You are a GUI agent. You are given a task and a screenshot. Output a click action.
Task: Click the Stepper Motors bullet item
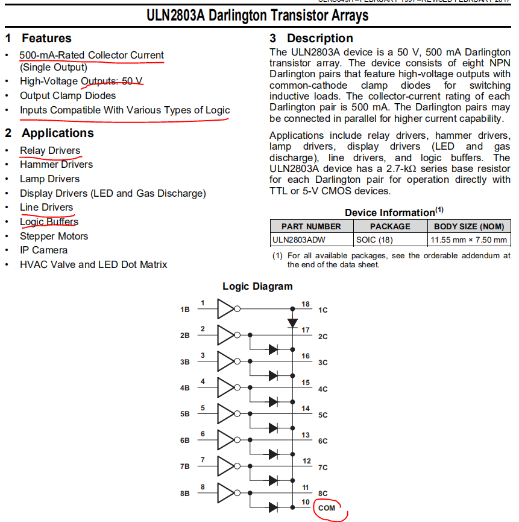coord(54,236)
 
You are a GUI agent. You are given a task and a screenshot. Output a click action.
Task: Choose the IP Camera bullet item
coord(43,250)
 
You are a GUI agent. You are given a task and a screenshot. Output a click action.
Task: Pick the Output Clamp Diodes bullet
coord(68,95)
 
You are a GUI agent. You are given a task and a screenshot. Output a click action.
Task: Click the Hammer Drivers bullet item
coord(56,164)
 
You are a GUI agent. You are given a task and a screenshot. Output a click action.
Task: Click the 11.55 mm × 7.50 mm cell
coord(468,240)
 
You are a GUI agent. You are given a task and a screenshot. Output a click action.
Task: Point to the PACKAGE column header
coord(389,226)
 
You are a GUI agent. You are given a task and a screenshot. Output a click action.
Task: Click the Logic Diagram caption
coord(257,286)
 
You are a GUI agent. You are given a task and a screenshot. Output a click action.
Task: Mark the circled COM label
coord(326,509)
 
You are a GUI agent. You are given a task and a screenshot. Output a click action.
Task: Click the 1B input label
coord(184,310)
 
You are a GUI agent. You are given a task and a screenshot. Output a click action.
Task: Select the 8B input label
coord(184,494)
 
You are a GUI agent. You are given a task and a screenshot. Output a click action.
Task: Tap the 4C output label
coord(322,389)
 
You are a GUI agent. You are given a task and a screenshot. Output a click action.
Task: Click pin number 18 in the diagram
coord(306,304)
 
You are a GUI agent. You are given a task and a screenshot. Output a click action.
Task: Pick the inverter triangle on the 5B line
coord(225,414)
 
